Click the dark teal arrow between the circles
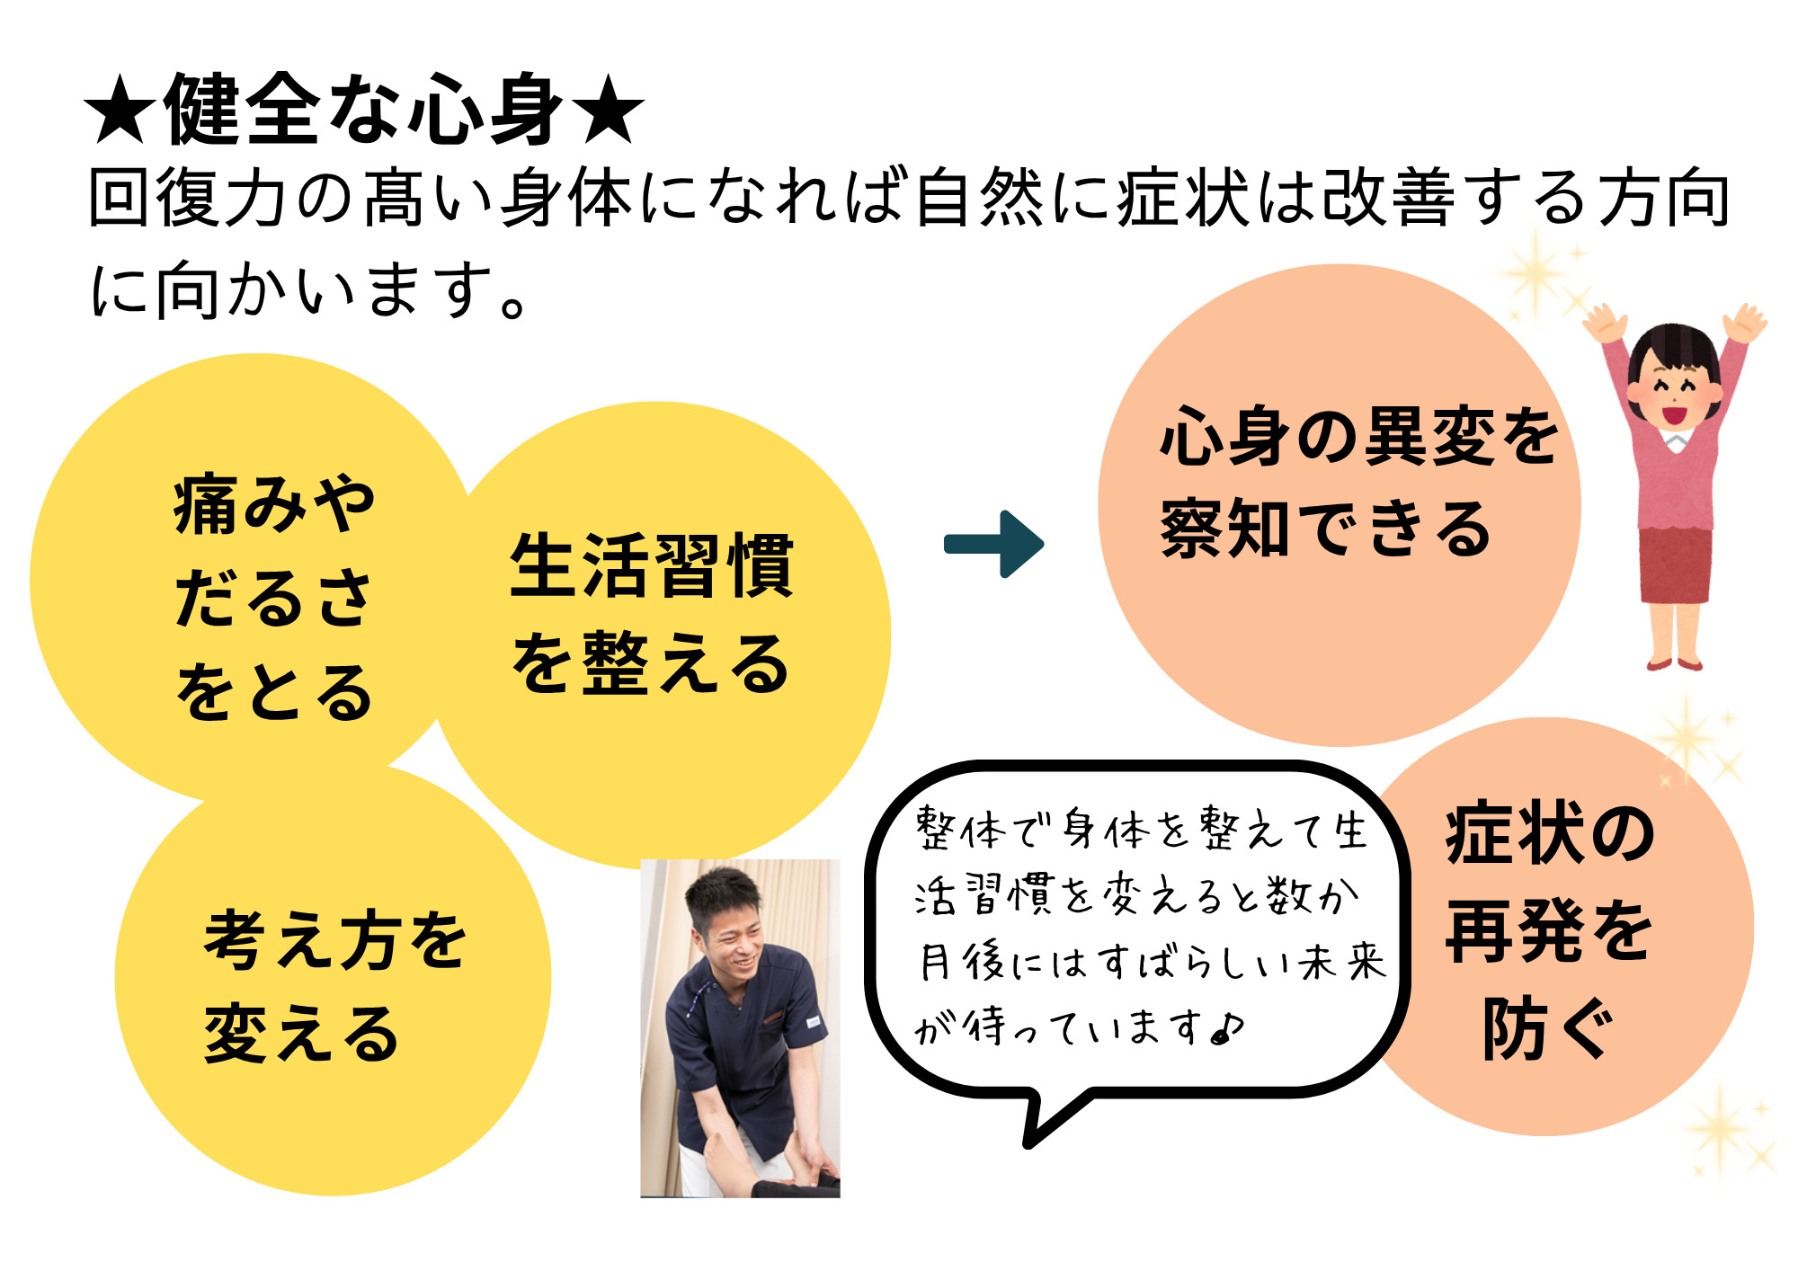[993, 544]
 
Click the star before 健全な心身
[121, 110]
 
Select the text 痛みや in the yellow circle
[274, 505]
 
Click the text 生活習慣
[652, 565]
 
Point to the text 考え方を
[335, 939]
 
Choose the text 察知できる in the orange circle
[1325, 529]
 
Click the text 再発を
[1549, 930]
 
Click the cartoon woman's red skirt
[1675, 564]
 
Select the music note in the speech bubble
[1228, 1027]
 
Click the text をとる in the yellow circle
[274, 691]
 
